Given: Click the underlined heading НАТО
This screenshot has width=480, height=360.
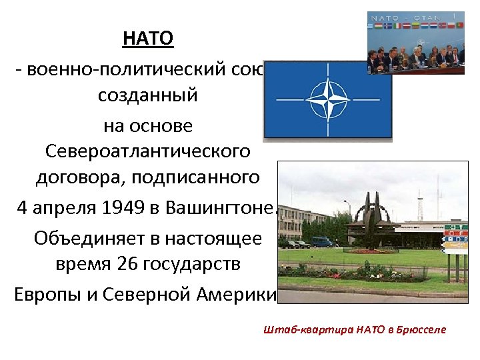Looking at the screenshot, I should click(x=148, y=39).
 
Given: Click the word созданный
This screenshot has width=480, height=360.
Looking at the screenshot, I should click(x=148, y=95).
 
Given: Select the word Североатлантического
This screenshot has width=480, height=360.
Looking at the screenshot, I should click(x=148, y=151).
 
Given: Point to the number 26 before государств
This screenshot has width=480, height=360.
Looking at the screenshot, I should click(x=129, y=263).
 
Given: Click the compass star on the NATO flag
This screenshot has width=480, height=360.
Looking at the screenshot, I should click(x=327, y=100).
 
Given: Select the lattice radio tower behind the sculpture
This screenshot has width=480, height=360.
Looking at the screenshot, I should click(x=417, y=200).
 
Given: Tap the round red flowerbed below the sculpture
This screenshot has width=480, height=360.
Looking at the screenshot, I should click(x=373, y=251).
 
